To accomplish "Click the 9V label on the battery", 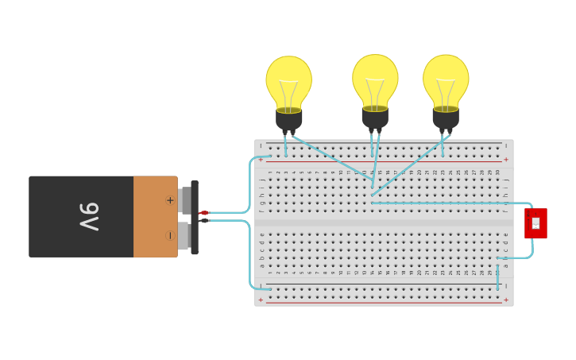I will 88,216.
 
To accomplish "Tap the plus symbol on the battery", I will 170,200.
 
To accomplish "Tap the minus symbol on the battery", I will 170,235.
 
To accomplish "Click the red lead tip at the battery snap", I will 204,213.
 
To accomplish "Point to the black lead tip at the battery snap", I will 204,220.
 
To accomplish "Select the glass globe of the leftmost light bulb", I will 288,79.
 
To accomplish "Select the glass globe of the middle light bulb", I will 375,78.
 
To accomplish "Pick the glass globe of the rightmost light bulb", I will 446,78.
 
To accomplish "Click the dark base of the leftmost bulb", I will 289,118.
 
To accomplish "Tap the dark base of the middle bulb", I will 375,117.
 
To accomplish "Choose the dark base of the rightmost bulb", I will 446,117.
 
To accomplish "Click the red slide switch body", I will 535,223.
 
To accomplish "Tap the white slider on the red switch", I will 535,223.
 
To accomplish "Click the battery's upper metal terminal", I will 184,200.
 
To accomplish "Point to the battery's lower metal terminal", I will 183,235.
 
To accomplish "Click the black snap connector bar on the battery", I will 195,217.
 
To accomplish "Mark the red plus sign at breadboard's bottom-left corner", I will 261,300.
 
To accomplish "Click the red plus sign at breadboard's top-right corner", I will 506,159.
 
